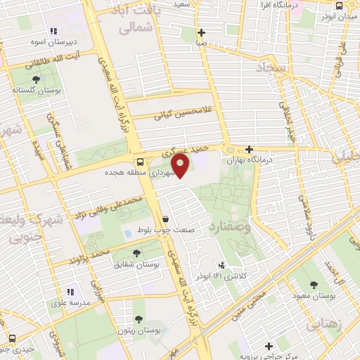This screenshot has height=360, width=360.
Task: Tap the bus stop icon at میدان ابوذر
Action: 339,6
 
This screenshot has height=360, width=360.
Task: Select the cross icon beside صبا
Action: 202,32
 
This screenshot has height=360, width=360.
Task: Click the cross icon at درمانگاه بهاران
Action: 249,149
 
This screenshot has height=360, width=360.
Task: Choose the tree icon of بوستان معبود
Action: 313,285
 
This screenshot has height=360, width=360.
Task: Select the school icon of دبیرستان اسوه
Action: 54,30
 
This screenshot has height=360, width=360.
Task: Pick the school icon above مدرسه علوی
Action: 70,291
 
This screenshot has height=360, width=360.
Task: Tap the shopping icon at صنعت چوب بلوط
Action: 165,219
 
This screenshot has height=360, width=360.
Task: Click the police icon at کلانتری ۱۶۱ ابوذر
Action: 222,266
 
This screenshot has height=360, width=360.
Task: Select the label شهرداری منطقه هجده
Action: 139,172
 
